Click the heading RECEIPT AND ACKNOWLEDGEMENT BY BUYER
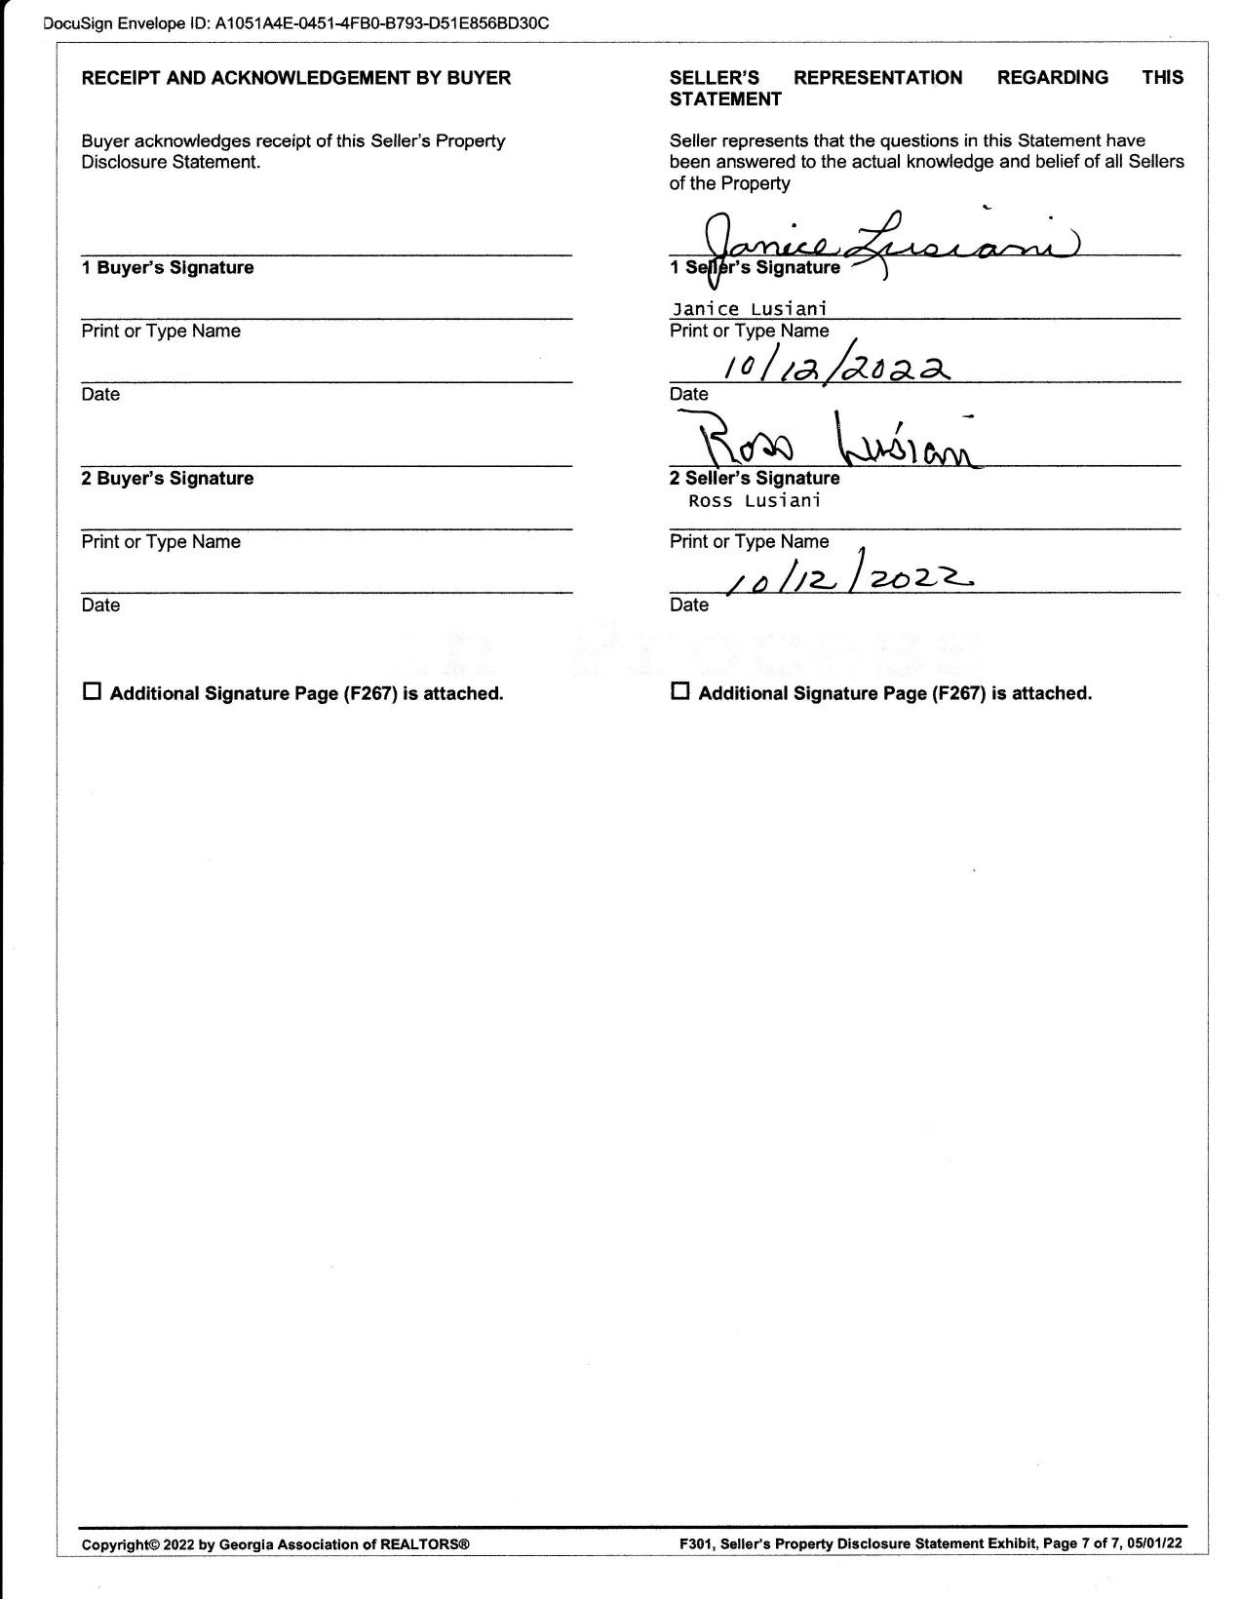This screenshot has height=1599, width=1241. tap(295, 78)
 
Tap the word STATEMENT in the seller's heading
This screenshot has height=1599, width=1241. tap(725, 99)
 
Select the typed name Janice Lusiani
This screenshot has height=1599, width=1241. tap(749, 309)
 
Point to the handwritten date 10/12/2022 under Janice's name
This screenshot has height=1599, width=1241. tap(834, 369)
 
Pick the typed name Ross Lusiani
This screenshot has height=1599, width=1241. tap(754, 501)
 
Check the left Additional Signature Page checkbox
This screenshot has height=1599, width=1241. tap(93, 692)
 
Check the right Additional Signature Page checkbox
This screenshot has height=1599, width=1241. tap(680, 692)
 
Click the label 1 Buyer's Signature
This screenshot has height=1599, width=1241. tap(168, 268)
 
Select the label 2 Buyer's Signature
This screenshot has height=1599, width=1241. tap(168, 479)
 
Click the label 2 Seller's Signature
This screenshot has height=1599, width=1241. tap(755, 479)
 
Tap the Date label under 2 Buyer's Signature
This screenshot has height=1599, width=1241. tap(100, 605)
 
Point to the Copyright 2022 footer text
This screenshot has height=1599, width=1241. tap(275, 1544)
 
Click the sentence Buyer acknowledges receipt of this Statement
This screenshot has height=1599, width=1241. tap(292, 151)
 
